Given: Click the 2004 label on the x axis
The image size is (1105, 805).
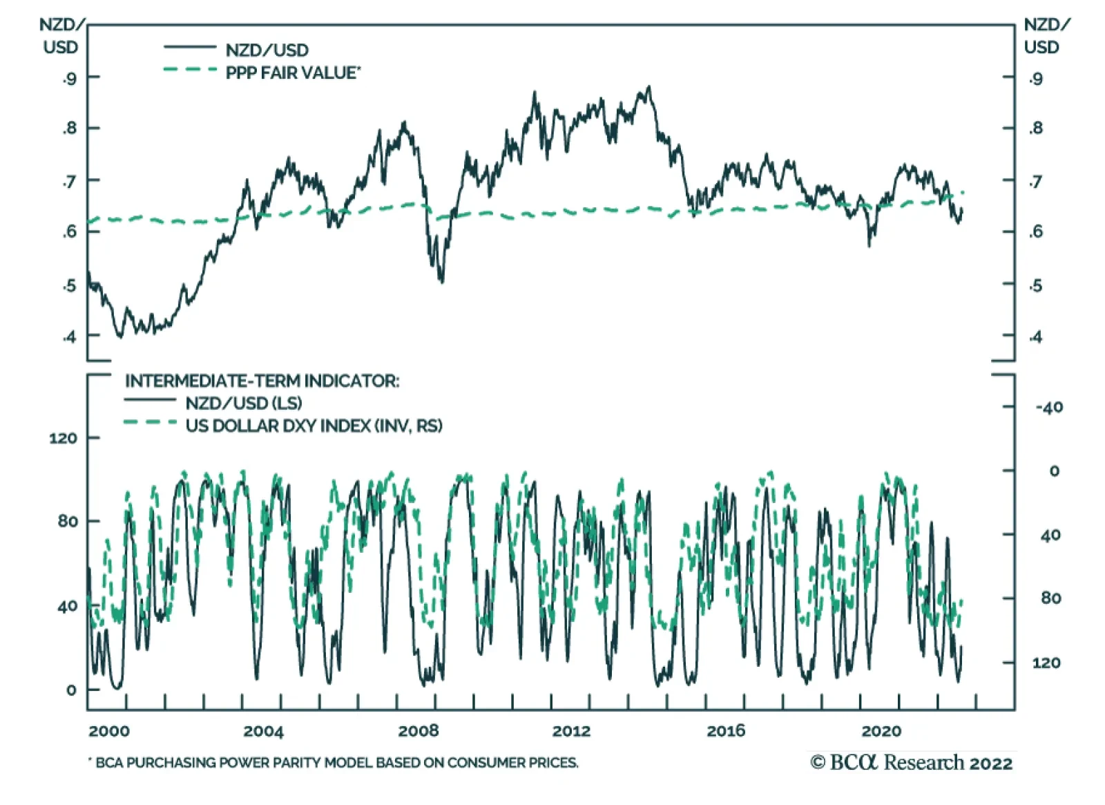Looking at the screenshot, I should tap(263, 731).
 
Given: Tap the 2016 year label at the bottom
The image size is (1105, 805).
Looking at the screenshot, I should tap(726, 731).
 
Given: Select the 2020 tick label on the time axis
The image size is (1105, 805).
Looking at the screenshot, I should tap(881, 731).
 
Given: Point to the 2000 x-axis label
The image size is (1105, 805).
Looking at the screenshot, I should tap(109, 731).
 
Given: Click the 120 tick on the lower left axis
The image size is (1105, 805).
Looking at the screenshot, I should tap(63, 438).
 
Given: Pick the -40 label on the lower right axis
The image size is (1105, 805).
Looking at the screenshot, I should tap(1049, 408).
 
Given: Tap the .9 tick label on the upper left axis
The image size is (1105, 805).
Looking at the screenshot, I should tap(69, 78).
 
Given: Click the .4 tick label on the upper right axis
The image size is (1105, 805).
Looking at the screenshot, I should tap(1035, 337).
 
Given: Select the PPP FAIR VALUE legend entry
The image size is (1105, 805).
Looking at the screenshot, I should tap(293, 73).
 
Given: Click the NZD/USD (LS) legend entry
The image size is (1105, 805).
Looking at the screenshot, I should tap(243, 403).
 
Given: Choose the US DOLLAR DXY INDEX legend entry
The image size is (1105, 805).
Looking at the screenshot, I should tap(314, 426).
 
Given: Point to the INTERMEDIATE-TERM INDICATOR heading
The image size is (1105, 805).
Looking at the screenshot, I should tap(262, 381).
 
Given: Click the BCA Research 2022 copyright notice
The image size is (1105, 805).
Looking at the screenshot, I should tap(912, 763).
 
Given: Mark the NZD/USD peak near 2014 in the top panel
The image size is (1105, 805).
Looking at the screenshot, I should tap(648, 87).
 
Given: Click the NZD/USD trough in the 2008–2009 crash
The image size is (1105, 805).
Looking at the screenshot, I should tap(441, 281).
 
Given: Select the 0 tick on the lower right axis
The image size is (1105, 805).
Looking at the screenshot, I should tap(1054, 471).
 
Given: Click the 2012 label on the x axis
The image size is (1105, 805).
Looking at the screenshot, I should tap(571, 731).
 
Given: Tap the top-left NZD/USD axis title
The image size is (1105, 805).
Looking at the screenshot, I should tap(61, 36).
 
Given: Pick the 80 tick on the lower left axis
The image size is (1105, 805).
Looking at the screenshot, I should tap(68, 522).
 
